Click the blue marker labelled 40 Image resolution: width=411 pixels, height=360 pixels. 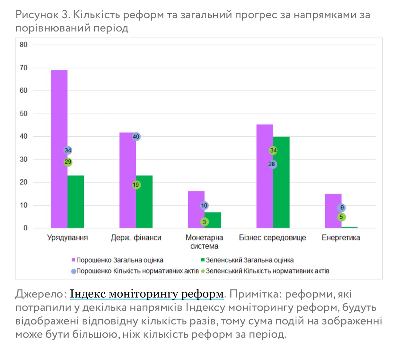136,137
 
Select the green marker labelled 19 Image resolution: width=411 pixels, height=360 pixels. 136,185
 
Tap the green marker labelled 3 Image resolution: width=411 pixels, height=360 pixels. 204,222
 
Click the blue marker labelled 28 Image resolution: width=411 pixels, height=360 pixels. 272,164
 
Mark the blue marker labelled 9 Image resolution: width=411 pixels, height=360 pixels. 342,208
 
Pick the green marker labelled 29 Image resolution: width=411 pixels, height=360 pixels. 68,162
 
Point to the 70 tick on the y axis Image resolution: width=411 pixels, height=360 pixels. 23,68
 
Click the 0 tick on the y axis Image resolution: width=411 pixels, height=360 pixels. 25,228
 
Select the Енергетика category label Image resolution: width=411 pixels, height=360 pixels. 341,238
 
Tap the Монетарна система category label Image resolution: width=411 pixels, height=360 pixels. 204,242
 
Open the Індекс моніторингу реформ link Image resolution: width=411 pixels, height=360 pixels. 147,294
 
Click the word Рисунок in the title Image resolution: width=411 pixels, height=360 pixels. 37,15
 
